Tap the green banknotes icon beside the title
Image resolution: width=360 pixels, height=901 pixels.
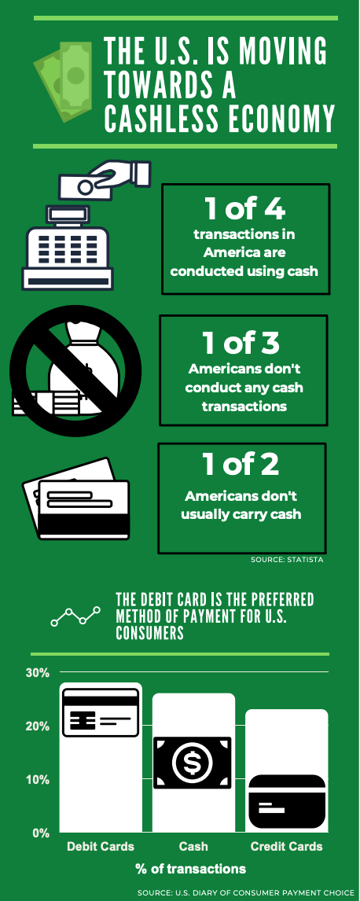tap(63, 79)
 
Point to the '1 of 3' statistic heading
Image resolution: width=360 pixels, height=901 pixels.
tap(241, 343)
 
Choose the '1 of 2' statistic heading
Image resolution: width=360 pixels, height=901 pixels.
tap(241, 465)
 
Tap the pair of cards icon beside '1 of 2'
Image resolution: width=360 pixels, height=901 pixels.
tap(75, 498)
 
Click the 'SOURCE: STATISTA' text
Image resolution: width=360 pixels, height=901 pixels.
tap(287, 560)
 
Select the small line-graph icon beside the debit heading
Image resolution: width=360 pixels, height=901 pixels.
tap(75, 616)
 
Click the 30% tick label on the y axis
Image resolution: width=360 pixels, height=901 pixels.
tap(37, 673)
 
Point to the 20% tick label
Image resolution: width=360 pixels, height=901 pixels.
tap(37, 726)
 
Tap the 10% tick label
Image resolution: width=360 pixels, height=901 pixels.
tap(37, 780)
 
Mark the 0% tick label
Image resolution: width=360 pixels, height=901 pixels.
tap(40, 833)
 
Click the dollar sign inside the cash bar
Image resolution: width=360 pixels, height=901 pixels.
tap(191, 763)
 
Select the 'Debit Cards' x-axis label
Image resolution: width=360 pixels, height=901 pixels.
tap(101, 847)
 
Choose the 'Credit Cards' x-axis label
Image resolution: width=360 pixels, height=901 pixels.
tap(287, 847)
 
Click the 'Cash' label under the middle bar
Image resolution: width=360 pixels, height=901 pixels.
tap(193, 847)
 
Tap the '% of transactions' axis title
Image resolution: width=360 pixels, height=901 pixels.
tap(191, 869)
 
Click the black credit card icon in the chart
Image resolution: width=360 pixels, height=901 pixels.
tap(287, 802)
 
